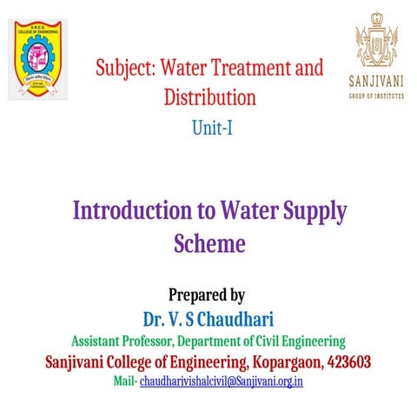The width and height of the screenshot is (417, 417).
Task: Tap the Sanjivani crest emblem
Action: click(x=379, y=43)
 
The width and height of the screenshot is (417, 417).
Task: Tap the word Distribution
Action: click(x=209, y=96)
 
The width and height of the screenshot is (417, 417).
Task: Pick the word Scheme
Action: click(x=209, y=243)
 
